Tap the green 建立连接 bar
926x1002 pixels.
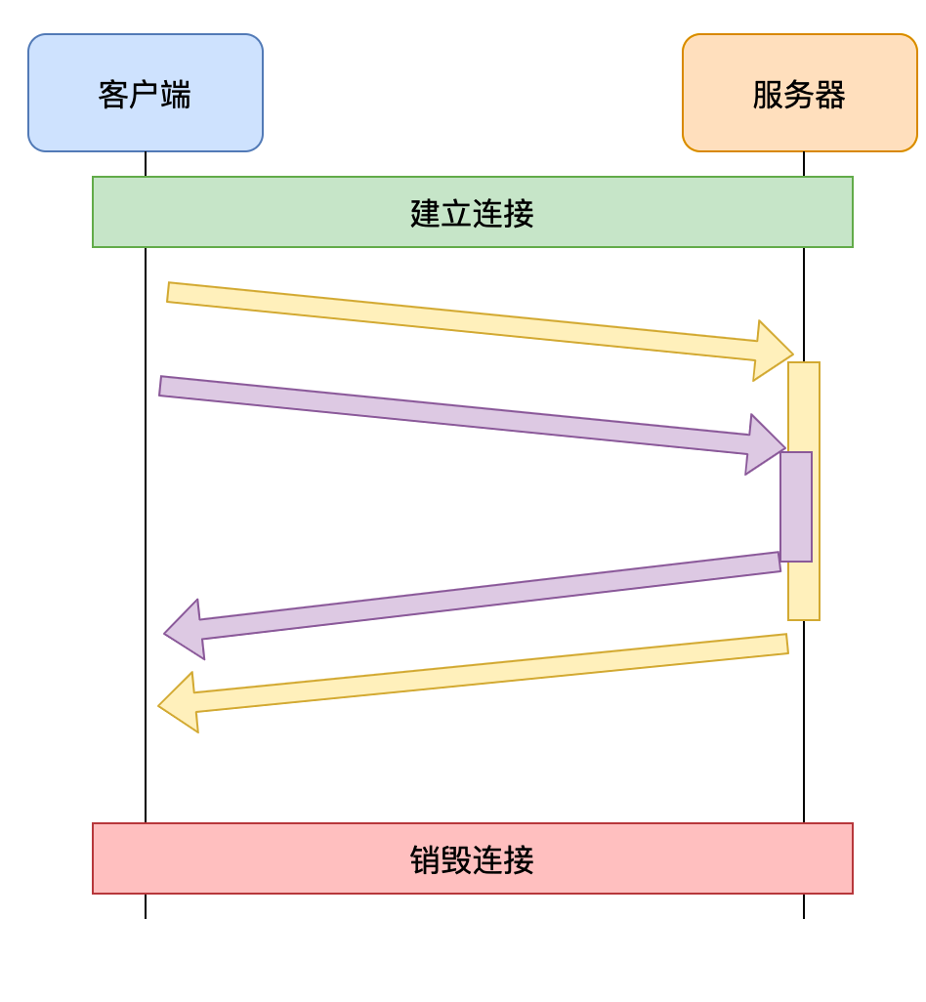tap(293, 212)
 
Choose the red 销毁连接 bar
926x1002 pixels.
tap(293, 858)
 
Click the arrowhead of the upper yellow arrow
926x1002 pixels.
tap(773, 350)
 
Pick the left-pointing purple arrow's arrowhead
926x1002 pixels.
tap(186, 630)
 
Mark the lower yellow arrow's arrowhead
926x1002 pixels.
tap(180, 703)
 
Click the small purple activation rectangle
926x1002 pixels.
tap(796, 506)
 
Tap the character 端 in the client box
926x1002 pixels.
tap(176, 95)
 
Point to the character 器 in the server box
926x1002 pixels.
tap(830, 95)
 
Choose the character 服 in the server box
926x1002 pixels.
tap(768, 95)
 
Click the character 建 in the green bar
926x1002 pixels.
tap(426, 213)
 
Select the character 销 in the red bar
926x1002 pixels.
tap(426, 859)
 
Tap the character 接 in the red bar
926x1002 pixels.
tap(520, 859)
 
